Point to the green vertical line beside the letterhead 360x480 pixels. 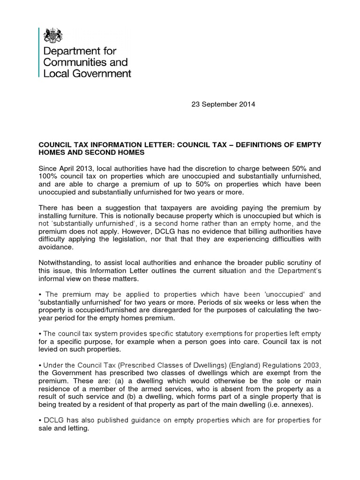38,52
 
